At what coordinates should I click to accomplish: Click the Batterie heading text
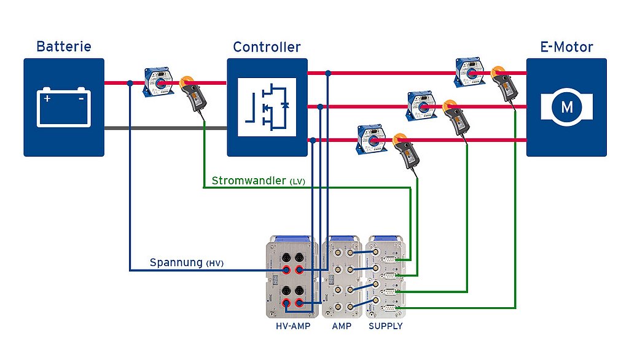[x=64, y=47]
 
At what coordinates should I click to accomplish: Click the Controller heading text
[x=267, y=47]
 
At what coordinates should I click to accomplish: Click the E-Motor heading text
[x=566, y=47]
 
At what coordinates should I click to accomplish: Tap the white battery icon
[x=64, y=107]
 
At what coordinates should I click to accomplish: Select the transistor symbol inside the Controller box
[x=267, y=107]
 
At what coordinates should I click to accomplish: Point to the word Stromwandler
[x=248, y=181]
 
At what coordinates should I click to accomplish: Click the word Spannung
[x=176, y=263]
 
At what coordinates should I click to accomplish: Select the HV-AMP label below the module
[x=293, y=326]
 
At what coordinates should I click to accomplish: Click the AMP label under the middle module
[x=342, y=326]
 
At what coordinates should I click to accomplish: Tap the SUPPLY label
[x=385, y=326]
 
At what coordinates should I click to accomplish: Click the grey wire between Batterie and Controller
[x=166, y=128]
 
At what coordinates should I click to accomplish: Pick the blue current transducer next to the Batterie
[x=158, y=83]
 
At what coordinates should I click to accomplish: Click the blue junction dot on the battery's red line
[x=130, y=83]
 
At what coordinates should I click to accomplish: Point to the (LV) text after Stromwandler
[x=297, y=182]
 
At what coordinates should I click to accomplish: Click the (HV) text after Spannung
[x=214, y=264]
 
